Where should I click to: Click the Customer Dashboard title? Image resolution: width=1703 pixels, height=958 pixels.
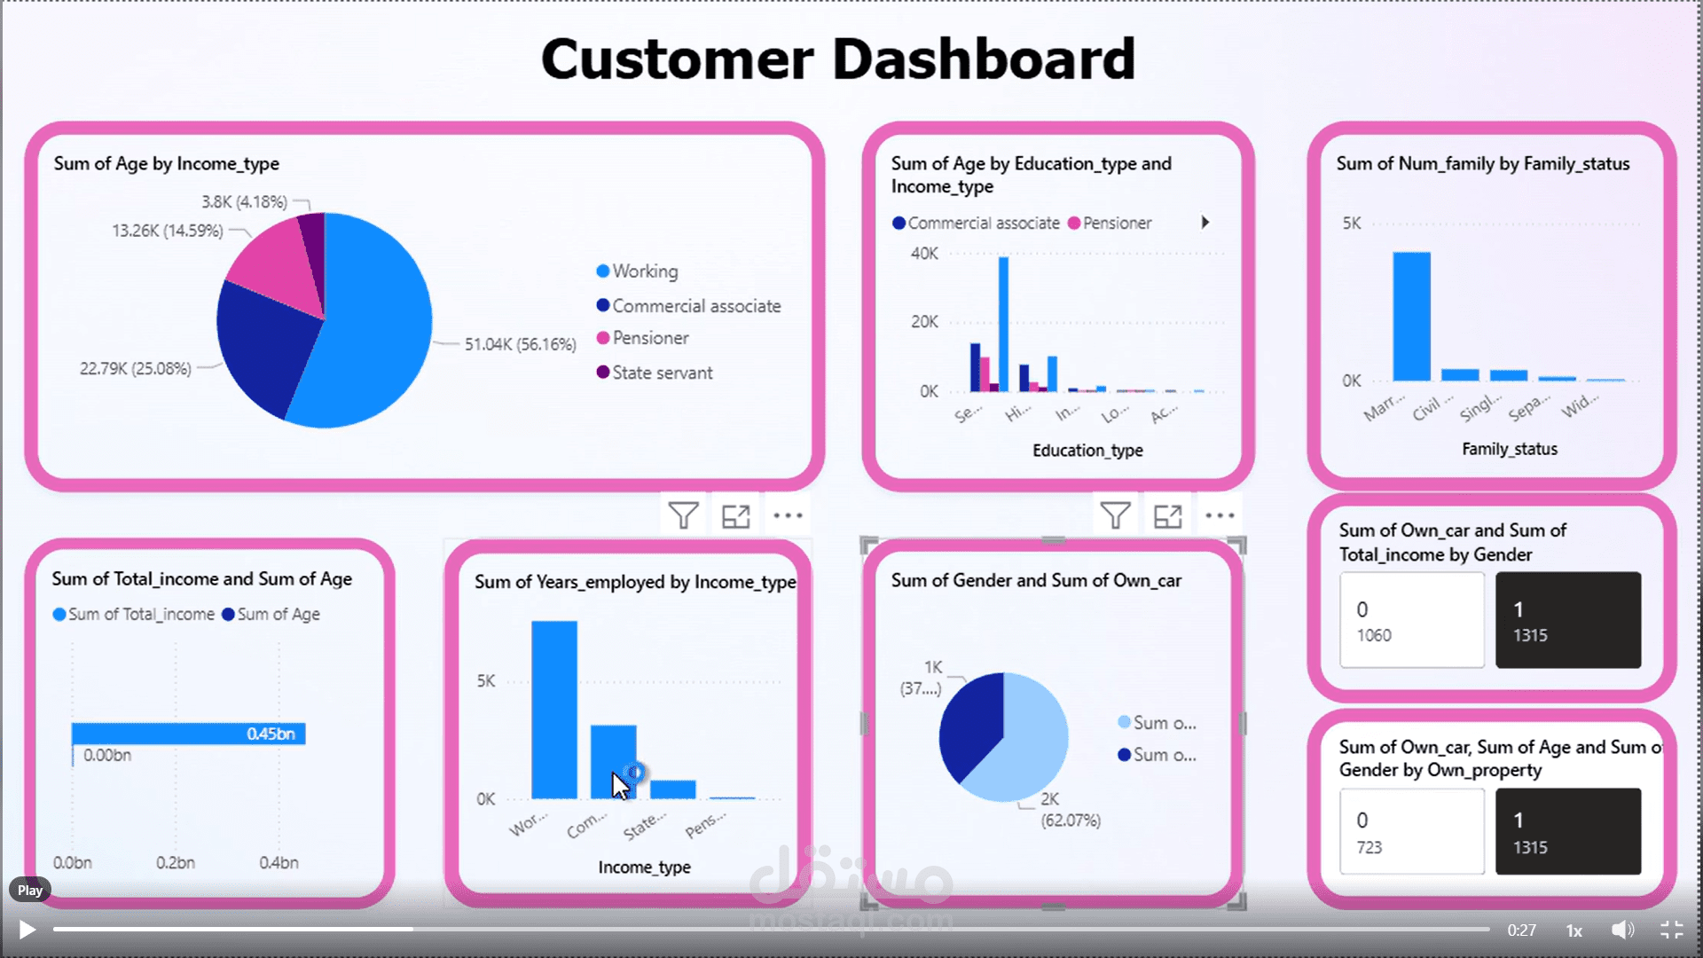(837, 59)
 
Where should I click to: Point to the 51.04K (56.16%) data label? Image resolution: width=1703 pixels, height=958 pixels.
(520, 344)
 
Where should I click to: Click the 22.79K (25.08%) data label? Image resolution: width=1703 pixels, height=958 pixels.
(135, 368)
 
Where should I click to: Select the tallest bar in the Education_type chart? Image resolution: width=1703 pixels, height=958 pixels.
(1003, 324)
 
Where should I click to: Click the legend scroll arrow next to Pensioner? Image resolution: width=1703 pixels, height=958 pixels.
(1205, 223)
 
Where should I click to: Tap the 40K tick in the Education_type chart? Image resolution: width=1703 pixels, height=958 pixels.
(923, 254)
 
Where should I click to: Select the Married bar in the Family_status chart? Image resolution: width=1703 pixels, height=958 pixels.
(1410, 317)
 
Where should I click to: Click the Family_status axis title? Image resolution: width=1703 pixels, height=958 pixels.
(1509, 449)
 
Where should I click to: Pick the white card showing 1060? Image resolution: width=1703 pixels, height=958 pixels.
(1411, 620)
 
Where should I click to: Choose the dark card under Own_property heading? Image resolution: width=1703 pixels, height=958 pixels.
(1567, 831)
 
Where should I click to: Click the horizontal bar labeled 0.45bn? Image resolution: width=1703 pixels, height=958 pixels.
(188, 734)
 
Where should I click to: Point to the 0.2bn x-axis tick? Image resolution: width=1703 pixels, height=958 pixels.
(176, 862)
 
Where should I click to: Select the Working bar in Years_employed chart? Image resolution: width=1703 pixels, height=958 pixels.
(553, 710)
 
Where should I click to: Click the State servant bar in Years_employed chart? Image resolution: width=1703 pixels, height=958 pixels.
(672, 789)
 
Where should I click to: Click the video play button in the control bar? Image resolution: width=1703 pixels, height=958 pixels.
(27, 930)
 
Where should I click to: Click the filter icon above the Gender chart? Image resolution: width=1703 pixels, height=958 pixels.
(1114, 515)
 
